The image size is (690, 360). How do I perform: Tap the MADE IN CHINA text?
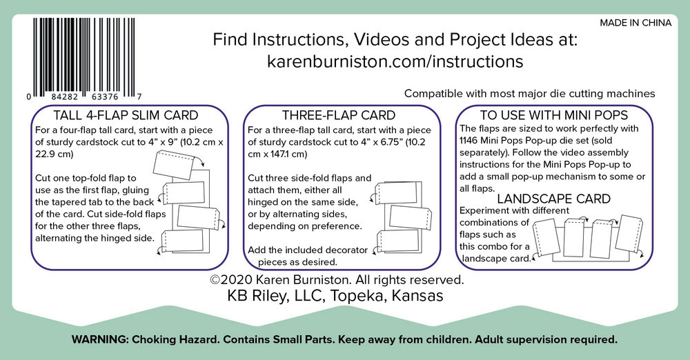point(635,23)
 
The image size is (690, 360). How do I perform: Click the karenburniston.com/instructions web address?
point(395,61)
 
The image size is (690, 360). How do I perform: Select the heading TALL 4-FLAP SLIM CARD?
point(126,115)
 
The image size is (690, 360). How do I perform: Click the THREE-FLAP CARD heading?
point(338,115)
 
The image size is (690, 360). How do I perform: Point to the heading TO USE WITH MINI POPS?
point(553,115)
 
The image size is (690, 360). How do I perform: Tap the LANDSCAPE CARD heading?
point(553,199)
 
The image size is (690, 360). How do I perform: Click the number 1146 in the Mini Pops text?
point(469,141)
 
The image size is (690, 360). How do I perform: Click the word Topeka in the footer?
point(356,296)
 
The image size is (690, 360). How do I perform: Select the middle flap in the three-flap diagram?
point(408,217)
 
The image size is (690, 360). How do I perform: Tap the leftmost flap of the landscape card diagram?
point(546,238)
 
